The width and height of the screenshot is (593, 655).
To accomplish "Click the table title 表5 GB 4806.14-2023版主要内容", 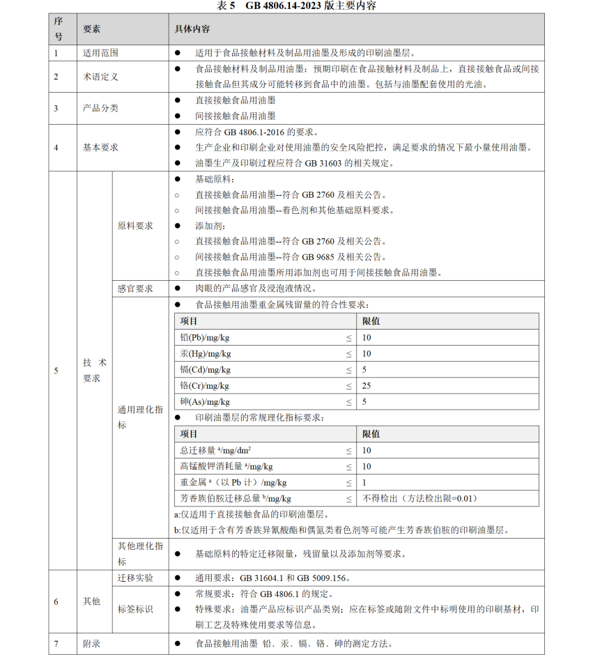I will pyautogui.click(x=296, y=6).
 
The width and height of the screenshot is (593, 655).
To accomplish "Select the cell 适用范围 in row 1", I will pyautogui.click(x=100, y=53).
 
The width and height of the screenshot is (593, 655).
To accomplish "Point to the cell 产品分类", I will pyautogui.click(x=100, y=108).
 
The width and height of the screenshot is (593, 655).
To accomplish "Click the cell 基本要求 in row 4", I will pyautogui.click(x=100, y=148).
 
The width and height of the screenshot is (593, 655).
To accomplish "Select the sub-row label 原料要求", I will pyautogui.click(x=135, y=226).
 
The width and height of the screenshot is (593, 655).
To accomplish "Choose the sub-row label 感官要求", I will pyautogui.click(x=135, y=288).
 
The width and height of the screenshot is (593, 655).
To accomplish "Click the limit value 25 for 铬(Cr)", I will pyautogui.click(x=367, y=385).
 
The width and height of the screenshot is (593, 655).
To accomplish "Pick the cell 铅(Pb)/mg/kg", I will pyautogui.click(x=205, y=337).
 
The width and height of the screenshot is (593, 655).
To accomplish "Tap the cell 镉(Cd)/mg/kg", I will pyautogui.click(x=205, y=369).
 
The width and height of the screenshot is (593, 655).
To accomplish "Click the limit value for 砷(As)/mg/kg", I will pyautogui.click(x=364, y=402).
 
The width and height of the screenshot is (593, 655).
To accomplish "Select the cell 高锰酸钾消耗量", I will pyautogui.click(x=226, y=466).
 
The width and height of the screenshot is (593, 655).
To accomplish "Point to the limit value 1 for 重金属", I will pyautogui.click(x=364, y=482).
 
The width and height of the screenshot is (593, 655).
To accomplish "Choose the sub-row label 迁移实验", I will pyautogui.click(x=135, y=578).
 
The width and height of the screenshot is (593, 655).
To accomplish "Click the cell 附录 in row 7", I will pyautogui.click(x=91, y=644).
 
